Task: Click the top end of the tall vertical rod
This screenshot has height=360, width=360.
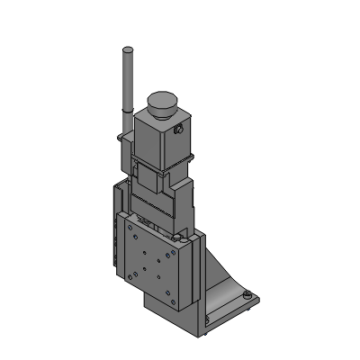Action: (x=127, y=50)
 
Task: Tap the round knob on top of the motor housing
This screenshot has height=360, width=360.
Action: (x=164, y=101)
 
